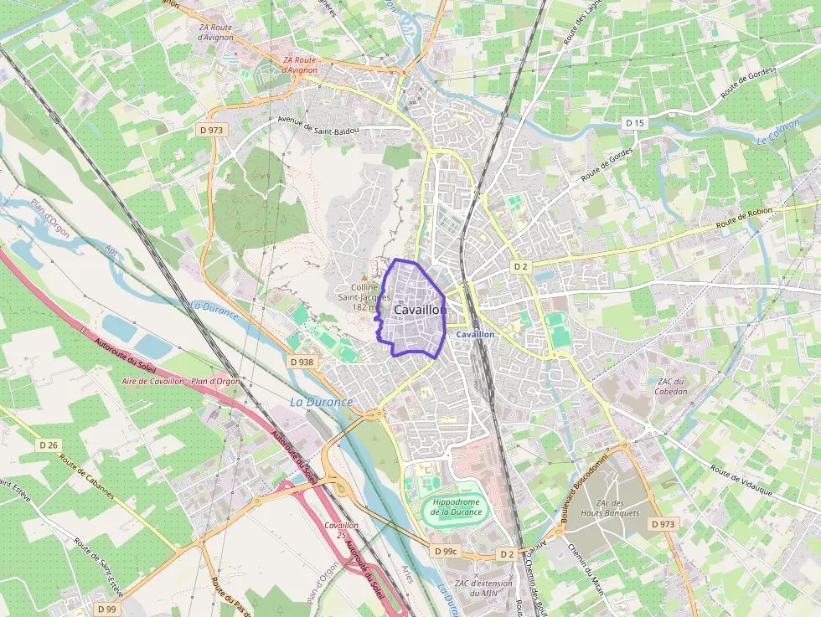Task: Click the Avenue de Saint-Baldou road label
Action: point(325,126)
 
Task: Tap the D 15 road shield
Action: point(635,123)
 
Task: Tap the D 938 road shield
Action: point(302,362)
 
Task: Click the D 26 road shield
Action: point(48,445)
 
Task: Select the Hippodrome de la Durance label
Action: point(457,506)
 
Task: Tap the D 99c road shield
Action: point(446,552)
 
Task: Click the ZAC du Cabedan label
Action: point(671,386)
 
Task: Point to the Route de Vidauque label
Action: point(740,481)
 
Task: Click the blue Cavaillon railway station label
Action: point(475,334)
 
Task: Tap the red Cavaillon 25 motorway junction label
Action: point(341,529)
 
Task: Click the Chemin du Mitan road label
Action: point(586,568)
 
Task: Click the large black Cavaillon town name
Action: point(419,310)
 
